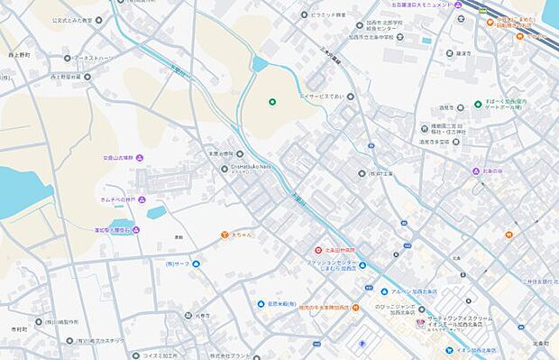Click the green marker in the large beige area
coord(271,101)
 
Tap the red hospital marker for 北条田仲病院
coord(318,250)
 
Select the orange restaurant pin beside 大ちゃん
coord(224,235)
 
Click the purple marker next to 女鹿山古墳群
coord(151,158)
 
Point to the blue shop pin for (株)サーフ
coord(196,263)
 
